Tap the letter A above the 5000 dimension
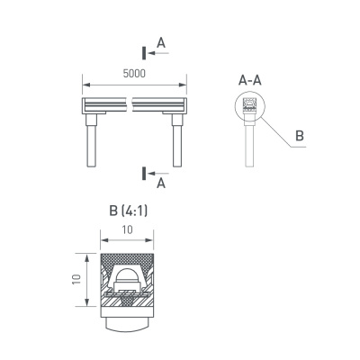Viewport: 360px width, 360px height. click(160, 41)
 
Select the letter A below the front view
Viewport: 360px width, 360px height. click(160, 184)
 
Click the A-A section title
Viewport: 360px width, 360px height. click(249, 81)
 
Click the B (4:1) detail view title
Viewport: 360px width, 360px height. click(126, 212)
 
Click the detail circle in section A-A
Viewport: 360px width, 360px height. click(251, 108)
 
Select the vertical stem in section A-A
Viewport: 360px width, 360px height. click(250, 144)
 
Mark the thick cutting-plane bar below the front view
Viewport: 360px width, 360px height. click(143, 172)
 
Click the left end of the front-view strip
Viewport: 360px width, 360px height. click(86, 108)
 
